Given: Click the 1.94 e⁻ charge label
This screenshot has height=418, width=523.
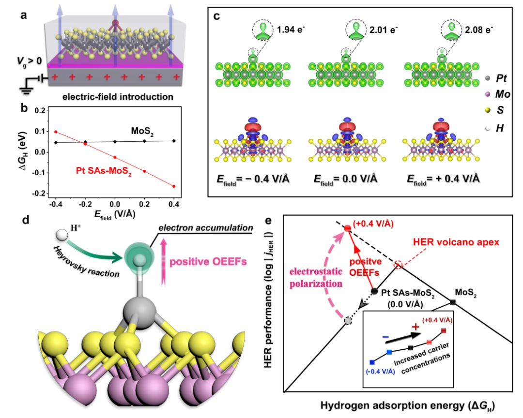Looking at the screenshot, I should point(290,30).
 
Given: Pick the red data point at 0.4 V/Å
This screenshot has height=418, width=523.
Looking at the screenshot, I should point(174,186).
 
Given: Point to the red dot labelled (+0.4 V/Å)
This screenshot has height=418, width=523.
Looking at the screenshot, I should point(347,228).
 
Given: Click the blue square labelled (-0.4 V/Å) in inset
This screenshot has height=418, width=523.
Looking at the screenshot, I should point(372,362).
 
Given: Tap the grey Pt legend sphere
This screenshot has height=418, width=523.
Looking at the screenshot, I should point(490,77).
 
